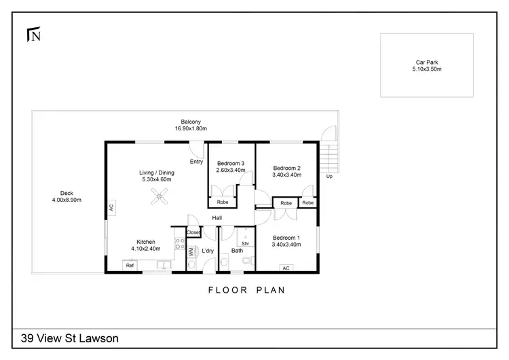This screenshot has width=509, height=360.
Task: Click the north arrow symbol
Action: [x=32, y=33]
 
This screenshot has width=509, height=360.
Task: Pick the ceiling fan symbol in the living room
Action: [x=159, y=198]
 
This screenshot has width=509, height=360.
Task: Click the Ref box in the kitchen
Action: [x=129, y=266]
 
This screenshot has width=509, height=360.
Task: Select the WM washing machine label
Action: [x=191, y=252]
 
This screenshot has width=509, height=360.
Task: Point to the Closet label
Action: [x=193, y=232]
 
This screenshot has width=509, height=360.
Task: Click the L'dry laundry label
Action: [x=208, y=251]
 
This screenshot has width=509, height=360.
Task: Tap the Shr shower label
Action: [x=245, y=243]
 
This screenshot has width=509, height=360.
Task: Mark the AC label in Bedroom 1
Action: [x=286, y=268]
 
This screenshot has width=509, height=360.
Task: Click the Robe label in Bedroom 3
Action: [x=223, y=202]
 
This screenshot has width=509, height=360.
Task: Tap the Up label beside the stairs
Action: [x=330, y=176]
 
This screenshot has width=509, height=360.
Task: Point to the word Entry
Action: [x=196, y=162]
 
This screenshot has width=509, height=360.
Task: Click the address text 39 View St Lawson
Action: [x=71, y=338]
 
